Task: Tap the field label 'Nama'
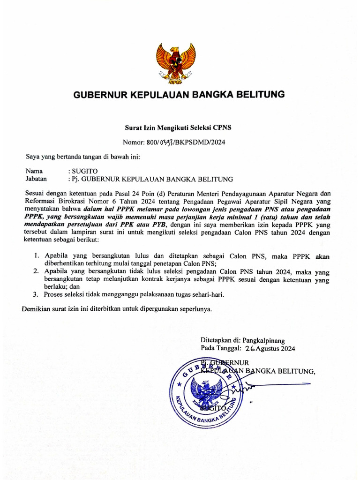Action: [x=34, y=171]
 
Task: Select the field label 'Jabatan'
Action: [x=37, y=179]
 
